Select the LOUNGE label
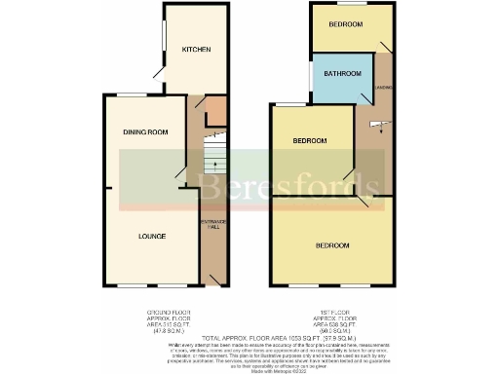[151, 237]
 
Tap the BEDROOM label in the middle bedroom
[311, 141]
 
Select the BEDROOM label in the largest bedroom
[332, 245]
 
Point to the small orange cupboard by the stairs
[215, 110]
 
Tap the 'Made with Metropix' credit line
[249, 369]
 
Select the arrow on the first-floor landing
[381, 123]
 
